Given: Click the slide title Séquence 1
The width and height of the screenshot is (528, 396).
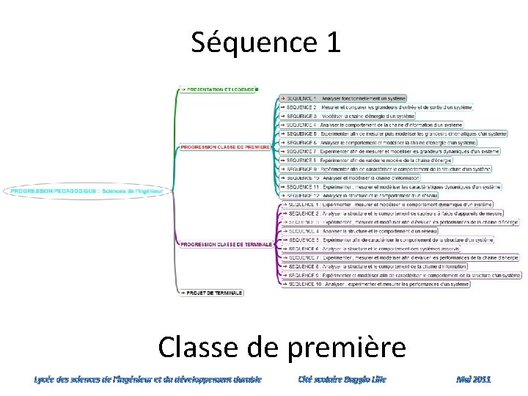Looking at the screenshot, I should click(x=266, y=43).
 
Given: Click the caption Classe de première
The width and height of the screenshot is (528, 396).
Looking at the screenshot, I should click(x=281, y=346).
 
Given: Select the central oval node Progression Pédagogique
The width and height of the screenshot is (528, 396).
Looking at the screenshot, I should click(x=87, y=191).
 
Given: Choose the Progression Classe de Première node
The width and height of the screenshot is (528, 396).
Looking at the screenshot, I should click(x=225, y=147).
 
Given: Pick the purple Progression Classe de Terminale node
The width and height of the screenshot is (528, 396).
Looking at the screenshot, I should click(x=227, y=244).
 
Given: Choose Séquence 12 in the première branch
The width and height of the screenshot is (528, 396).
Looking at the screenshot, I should click(x=359, y=196).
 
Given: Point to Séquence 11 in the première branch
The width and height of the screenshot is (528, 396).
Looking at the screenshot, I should click(x=392, y=187).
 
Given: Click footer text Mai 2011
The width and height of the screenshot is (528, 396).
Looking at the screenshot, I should click(x=473, y=379).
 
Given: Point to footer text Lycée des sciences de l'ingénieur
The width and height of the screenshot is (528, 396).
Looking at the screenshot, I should click(x=147, y=379).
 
